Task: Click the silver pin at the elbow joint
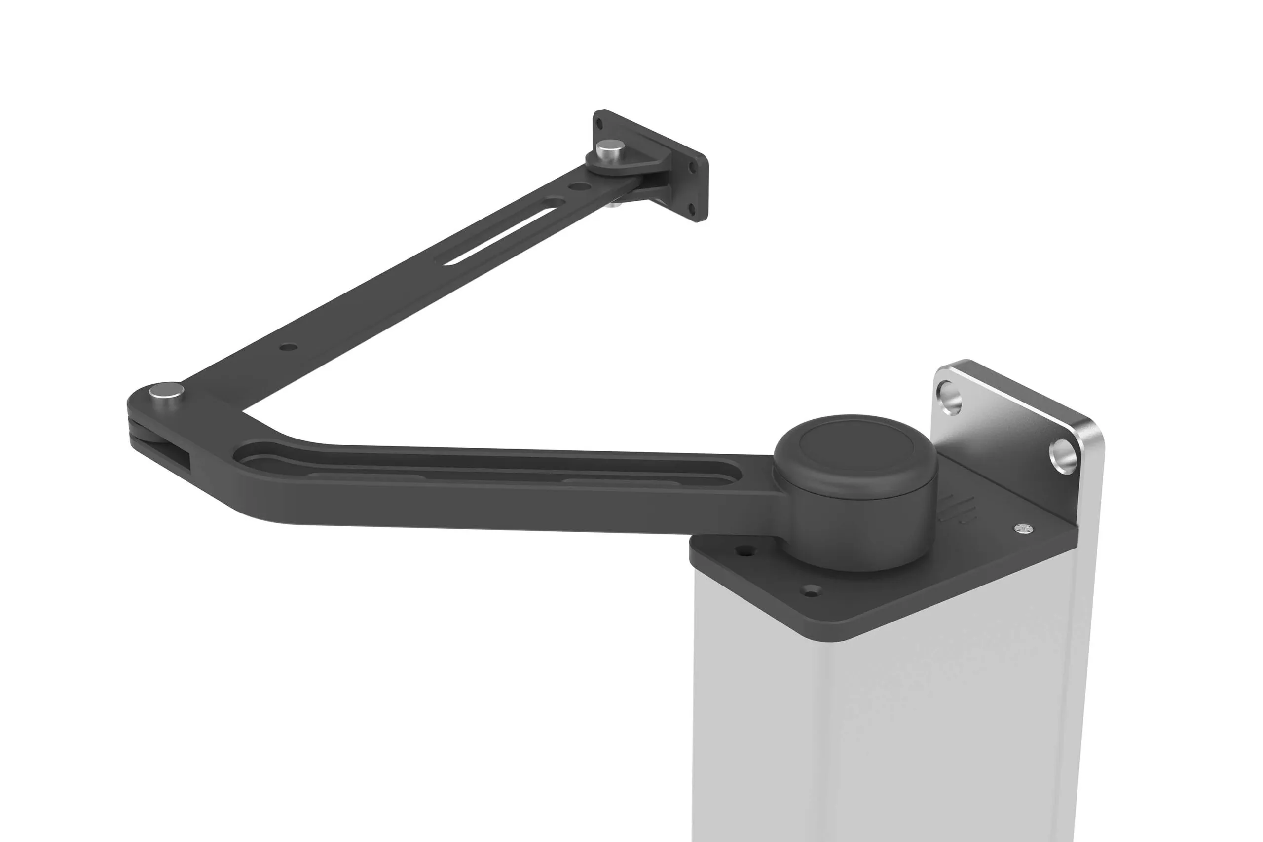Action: pyautogui.click(x=166, y=389)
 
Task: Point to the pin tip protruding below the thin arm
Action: pyautogui.click(x=614, y=204)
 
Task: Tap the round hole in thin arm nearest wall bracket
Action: pyautogui.click(x=578, y=186)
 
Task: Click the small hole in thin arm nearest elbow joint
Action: pyautogui.click(x=289, y=347)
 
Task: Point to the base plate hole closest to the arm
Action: pyautogui.click(x=744, y=550)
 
